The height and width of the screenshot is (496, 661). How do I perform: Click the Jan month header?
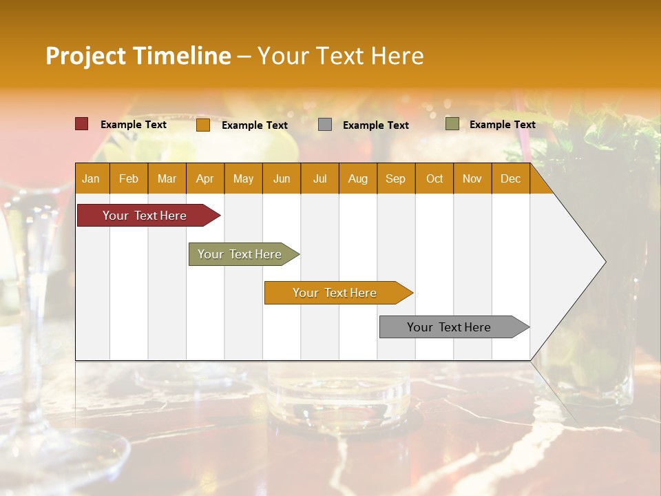[92, 178]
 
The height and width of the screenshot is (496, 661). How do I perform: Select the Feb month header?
[129, 178]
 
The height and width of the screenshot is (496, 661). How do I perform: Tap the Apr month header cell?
[205, 178]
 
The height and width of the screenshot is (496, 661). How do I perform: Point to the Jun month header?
[282, 178]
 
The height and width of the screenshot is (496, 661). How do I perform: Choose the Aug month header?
[358, 178]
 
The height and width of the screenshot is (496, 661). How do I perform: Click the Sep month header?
[396, 178]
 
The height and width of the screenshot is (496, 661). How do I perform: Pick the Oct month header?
[434, 178]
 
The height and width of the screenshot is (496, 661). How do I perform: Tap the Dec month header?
[511, 178]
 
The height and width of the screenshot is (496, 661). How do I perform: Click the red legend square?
[82, 124]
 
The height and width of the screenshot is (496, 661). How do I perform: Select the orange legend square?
[203, 125]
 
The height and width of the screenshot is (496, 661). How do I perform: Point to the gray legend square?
[325, 125]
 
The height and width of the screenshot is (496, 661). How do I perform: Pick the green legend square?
[452, 124]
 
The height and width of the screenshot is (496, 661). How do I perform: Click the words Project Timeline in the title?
[138, 56]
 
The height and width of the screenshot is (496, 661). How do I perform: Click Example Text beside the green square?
[502, 124]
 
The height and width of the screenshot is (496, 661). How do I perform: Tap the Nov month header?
[472, 178]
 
